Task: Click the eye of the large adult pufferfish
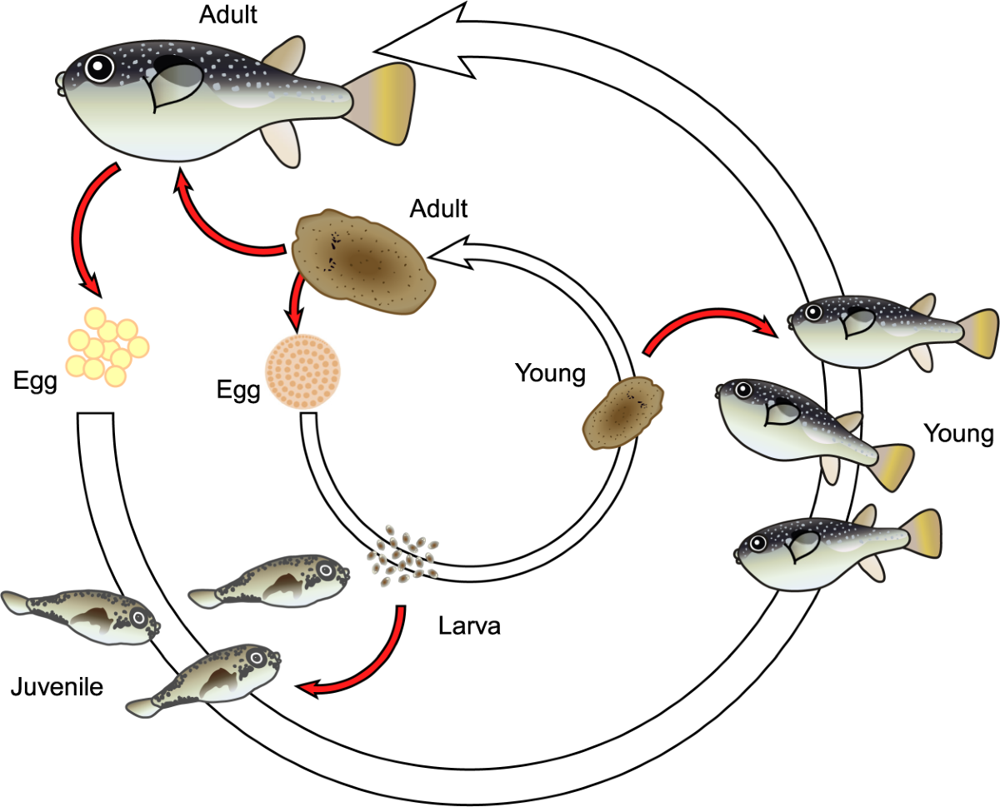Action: point(99,67)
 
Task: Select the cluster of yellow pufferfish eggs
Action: point(106,346)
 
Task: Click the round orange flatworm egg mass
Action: point(303,371)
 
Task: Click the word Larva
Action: point(469,625)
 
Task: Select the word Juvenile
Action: point(57,687)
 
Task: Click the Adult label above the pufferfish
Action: point(228,14)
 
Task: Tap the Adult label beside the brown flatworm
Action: point(438,207)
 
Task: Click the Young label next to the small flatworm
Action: point(550,372)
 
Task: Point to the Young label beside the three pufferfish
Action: point(958,433)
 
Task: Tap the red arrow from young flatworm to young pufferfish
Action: point(708,325)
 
